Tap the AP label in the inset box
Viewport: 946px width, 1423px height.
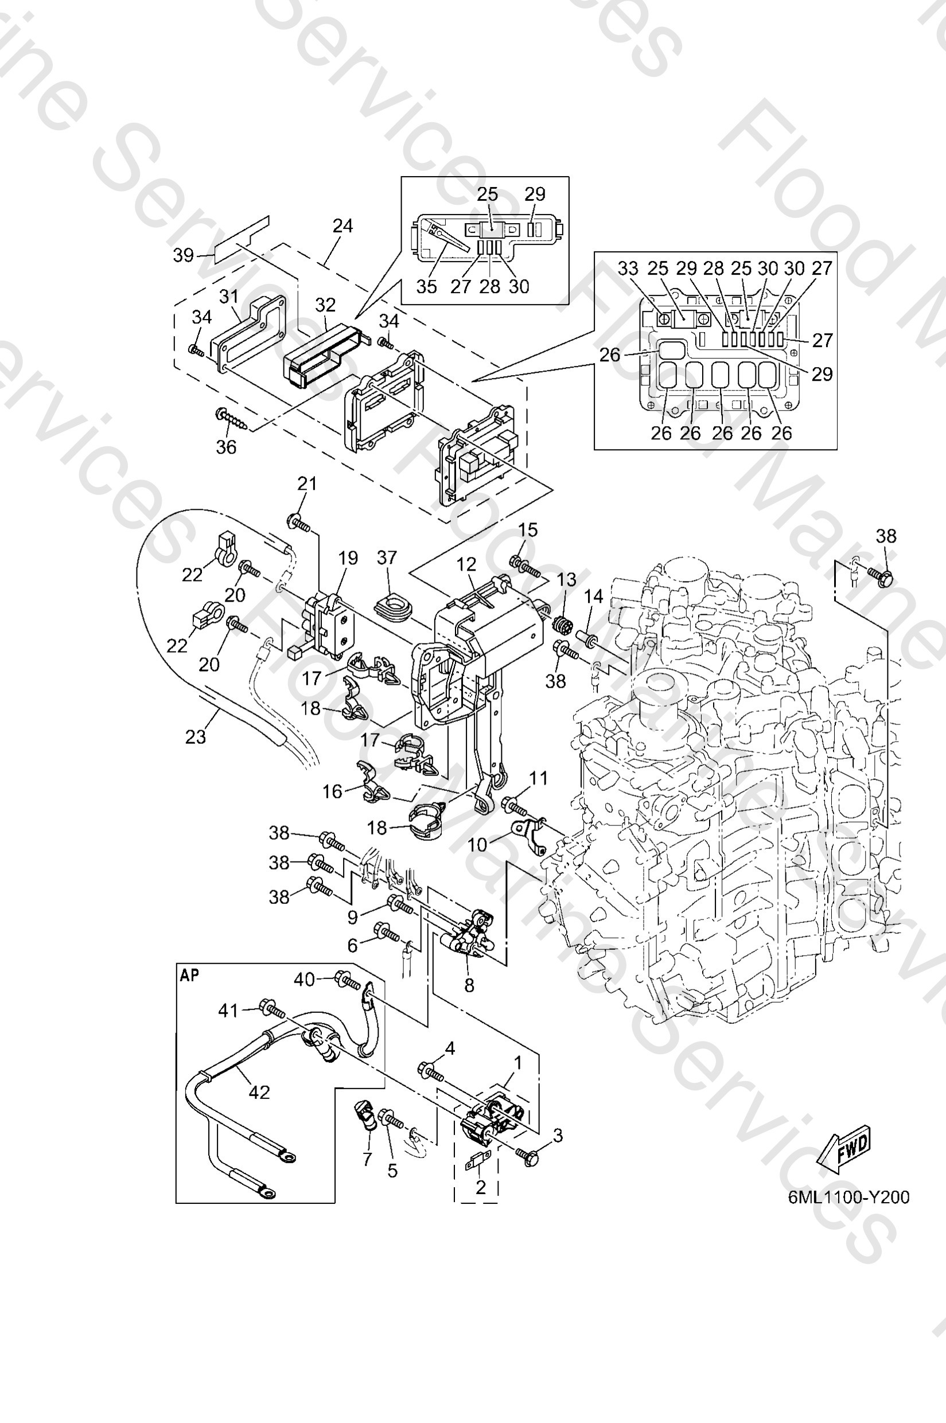189,976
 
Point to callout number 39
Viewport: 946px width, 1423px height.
184,255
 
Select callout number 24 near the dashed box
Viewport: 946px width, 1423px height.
342,225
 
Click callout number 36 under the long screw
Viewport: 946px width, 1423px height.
226,447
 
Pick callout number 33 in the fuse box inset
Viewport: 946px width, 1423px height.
628,268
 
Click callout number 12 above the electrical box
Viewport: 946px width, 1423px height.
466,564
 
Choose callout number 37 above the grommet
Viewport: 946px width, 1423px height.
387,558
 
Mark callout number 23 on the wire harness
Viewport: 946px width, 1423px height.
196,736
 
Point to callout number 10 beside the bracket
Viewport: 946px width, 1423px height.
477,844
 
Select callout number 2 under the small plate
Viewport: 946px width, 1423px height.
481,1187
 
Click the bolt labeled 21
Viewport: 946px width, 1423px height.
299,523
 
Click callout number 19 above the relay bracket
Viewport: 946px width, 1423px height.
348,558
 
